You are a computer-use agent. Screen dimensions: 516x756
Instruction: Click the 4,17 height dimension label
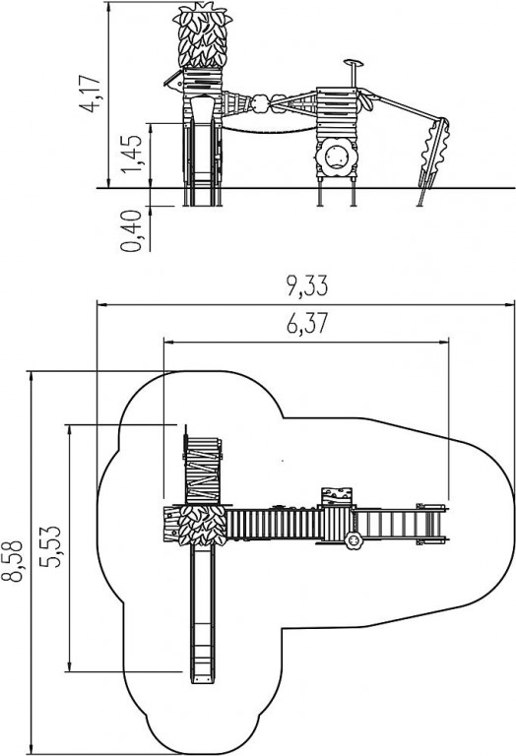tap(92, 94)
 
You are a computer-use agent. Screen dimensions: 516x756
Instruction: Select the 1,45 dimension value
tap(132, 153)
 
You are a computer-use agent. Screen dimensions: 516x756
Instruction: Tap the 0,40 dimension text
tap(132, 230)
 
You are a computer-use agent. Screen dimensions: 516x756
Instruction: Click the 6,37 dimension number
tap(306, 323)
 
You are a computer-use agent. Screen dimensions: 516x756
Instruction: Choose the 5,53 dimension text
tap(50, 545)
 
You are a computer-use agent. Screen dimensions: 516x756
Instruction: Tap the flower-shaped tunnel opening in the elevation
tap(336, 157)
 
